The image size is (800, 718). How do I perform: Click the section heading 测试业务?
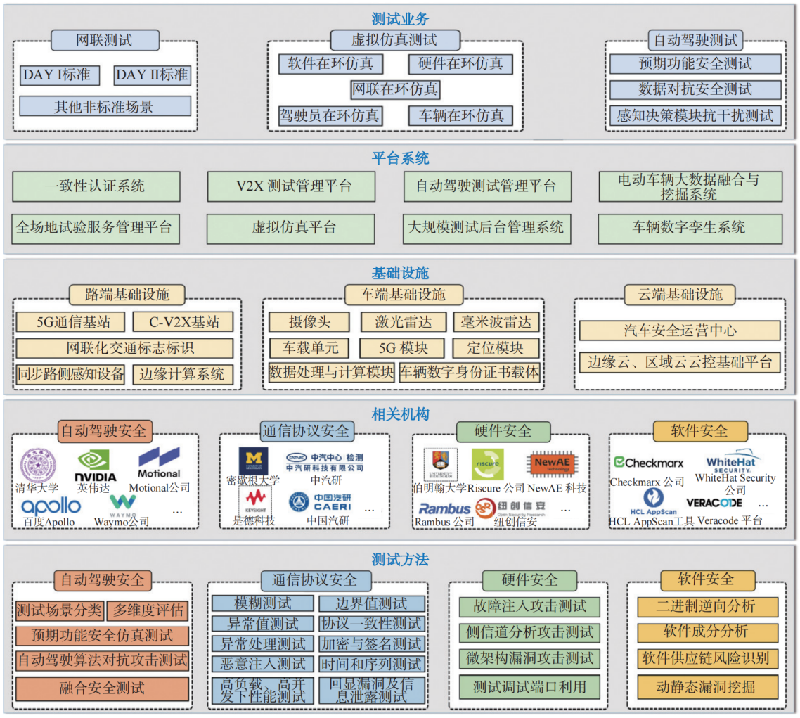pos(399,19)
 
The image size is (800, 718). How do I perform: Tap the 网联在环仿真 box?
pos(395,89)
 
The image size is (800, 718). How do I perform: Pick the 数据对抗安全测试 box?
pos(695,89)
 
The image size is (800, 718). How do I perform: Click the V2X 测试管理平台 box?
pos(291,186)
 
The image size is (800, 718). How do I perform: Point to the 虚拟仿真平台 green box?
pos(291,228)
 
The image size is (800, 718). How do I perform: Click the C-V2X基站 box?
pos(183,322)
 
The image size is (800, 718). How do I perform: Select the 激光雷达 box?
pos(403,322)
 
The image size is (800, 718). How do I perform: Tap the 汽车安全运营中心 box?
pos(680,331)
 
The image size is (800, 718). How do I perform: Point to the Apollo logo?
pos(51,505)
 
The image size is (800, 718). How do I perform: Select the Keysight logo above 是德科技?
pos(256,499)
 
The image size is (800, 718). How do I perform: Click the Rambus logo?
pos(444,508)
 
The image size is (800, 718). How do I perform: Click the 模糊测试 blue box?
pos(263,603)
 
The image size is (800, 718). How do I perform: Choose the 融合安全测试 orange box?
pos(103,688)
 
